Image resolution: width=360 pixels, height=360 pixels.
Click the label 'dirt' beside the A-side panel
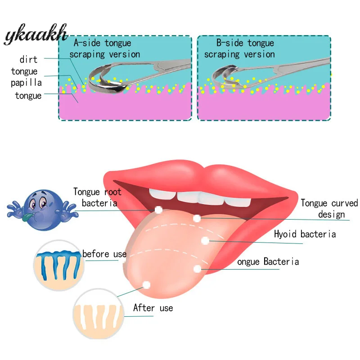(28, 59)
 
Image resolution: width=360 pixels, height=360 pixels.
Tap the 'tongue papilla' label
(27, 77)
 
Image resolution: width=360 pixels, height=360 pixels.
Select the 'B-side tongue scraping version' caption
(239, 49)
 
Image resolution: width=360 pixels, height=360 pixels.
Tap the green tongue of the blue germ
(29, 218)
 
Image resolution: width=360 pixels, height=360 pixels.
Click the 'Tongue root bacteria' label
(98, 198)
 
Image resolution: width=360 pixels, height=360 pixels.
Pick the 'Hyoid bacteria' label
(305, 234)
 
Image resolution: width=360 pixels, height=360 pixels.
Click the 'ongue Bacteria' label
(268, 261)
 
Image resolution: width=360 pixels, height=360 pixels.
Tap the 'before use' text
(104, 254)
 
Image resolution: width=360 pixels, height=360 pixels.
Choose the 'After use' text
(153, 308)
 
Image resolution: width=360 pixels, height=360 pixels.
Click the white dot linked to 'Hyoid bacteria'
(205, 241)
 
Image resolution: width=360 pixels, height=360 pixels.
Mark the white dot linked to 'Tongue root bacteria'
(158, 210)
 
